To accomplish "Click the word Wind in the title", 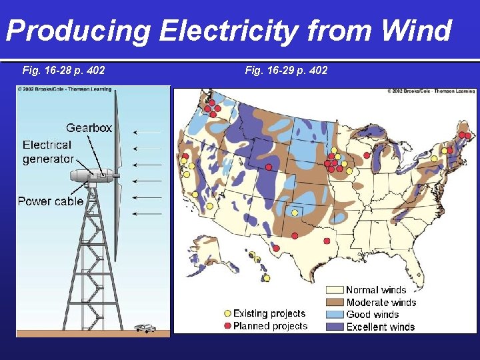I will click(x=417, y=31).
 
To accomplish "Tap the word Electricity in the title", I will click(x=229, y=31).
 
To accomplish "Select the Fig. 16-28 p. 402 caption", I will click(x=63, y=70).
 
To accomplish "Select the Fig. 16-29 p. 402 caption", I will click(x=286, y=70).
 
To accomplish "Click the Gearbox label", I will click(x=89, y=128).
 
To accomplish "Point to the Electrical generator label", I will click(x=47, y=152).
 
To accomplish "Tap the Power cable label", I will click(x=51, y=201).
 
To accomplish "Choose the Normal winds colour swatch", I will click(x=335, y=290).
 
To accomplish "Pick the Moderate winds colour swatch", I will click(x=335, y=302).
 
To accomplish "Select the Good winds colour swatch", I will click(x=335, y=314).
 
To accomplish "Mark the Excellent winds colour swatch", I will click(x=335, y=327).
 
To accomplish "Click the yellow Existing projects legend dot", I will click(x=227, y=313).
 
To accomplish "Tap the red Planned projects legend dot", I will click(x=227, y=325).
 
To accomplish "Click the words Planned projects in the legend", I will click(x=270, y=326).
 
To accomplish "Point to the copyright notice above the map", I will click(x=427, y=91).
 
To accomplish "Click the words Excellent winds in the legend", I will click(x=380, y=327).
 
